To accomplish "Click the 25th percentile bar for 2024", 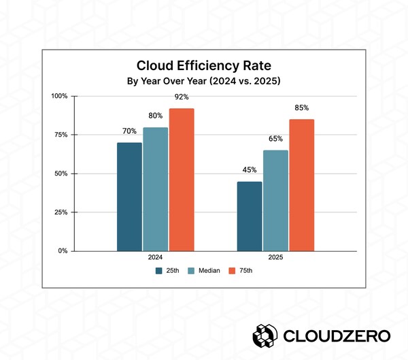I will coord(129,197).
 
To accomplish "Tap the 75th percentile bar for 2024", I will coord(181,180).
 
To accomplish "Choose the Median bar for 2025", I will coord(275,201).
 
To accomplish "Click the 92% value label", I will coord(182,97).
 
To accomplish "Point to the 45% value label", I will coord(250,170).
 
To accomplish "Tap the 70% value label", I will coord(129,131).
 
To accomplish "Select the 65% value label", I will coord(275,139).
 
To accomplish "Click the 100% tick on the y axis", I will coord(59,96).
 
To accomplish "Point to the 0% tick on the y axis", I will coord(63,251).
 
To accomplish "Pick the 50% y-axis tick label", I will coord(61,174).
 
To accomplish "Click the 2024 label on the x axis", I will coord(155,259).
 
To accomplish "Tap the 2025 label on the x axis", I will coord(275,259).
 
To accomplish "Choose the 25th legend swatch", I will coord(158,270).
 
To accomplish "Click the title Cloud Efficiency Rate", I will coord(203,66).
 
